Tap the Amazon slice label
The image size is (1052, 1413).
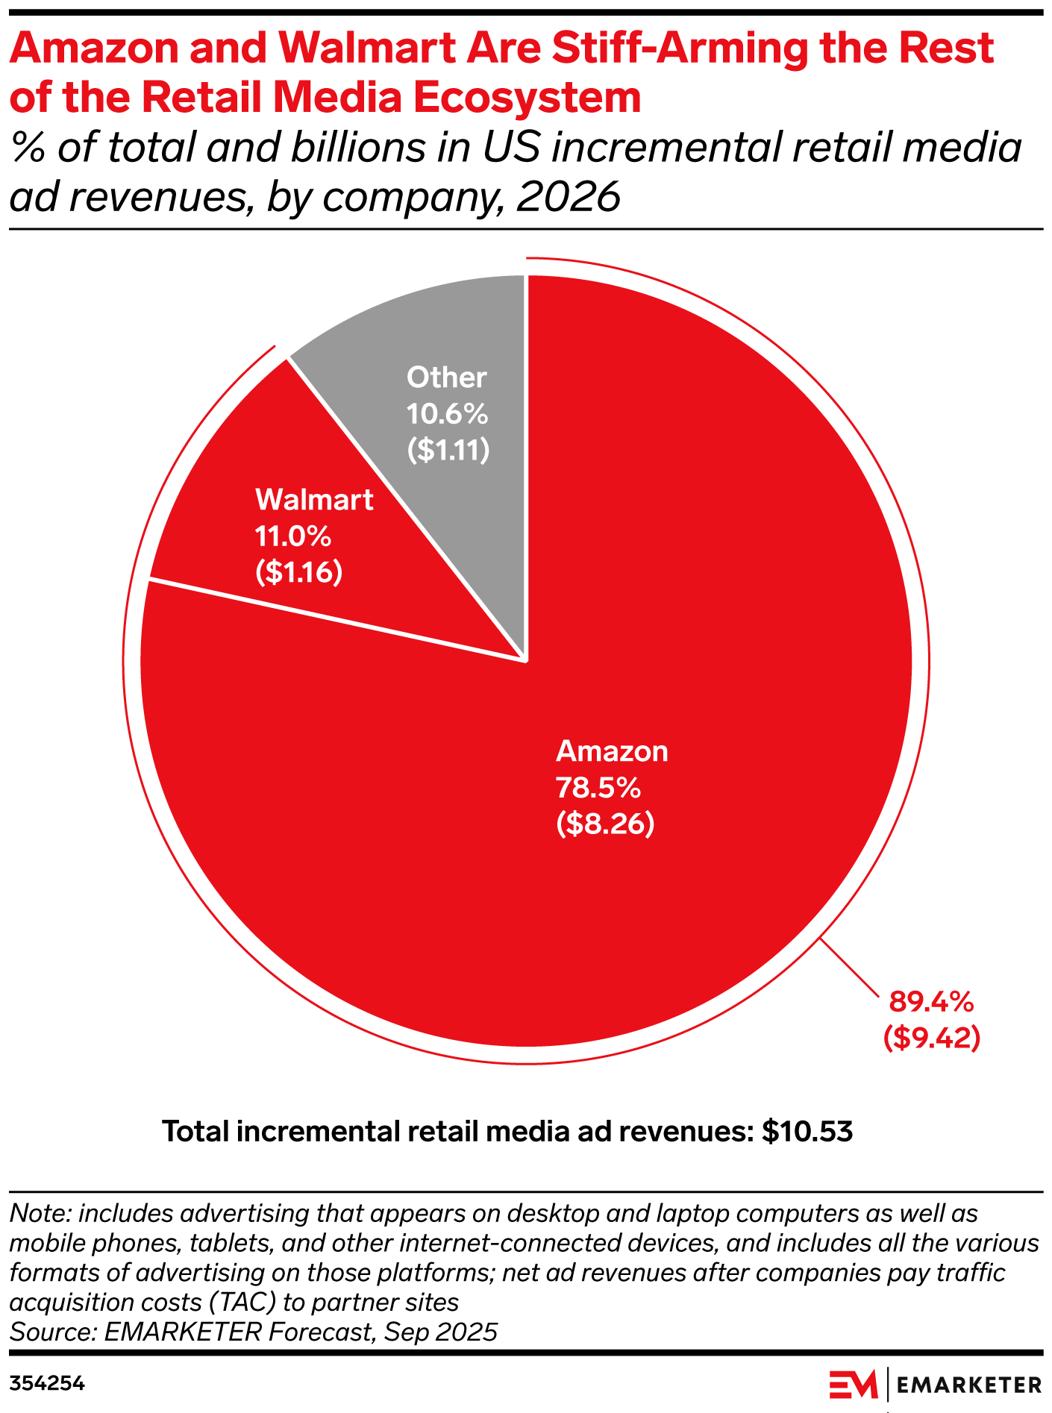[612, 751]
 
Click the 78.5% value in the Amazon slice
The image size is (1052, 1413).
[598, 788]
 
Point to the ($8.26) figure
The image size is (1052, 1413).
[605, 824]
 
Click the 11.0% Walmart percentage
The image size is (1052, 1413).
[292, 536]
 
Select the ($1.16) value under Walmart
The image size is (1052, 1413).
[298, 573]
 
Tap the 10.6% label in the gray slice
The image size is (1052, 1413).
[447, 413]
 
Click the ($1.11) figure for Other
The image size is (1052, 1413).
[448, 450]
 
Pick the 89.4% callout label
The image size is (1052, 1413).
[931, 1002]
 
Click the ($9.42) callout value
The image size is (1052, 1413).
[931, 1038]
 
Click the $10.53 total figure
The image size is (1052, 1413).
[807, 1132]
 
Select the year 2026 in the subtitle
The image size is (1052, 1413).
[568, 197]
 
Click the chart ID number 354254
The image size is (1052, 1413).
[47, 1384]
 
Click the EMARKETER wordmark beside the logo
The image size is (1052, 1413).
[968, 1385]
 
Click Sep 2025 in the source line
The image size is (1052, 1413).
[440, 1332]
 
